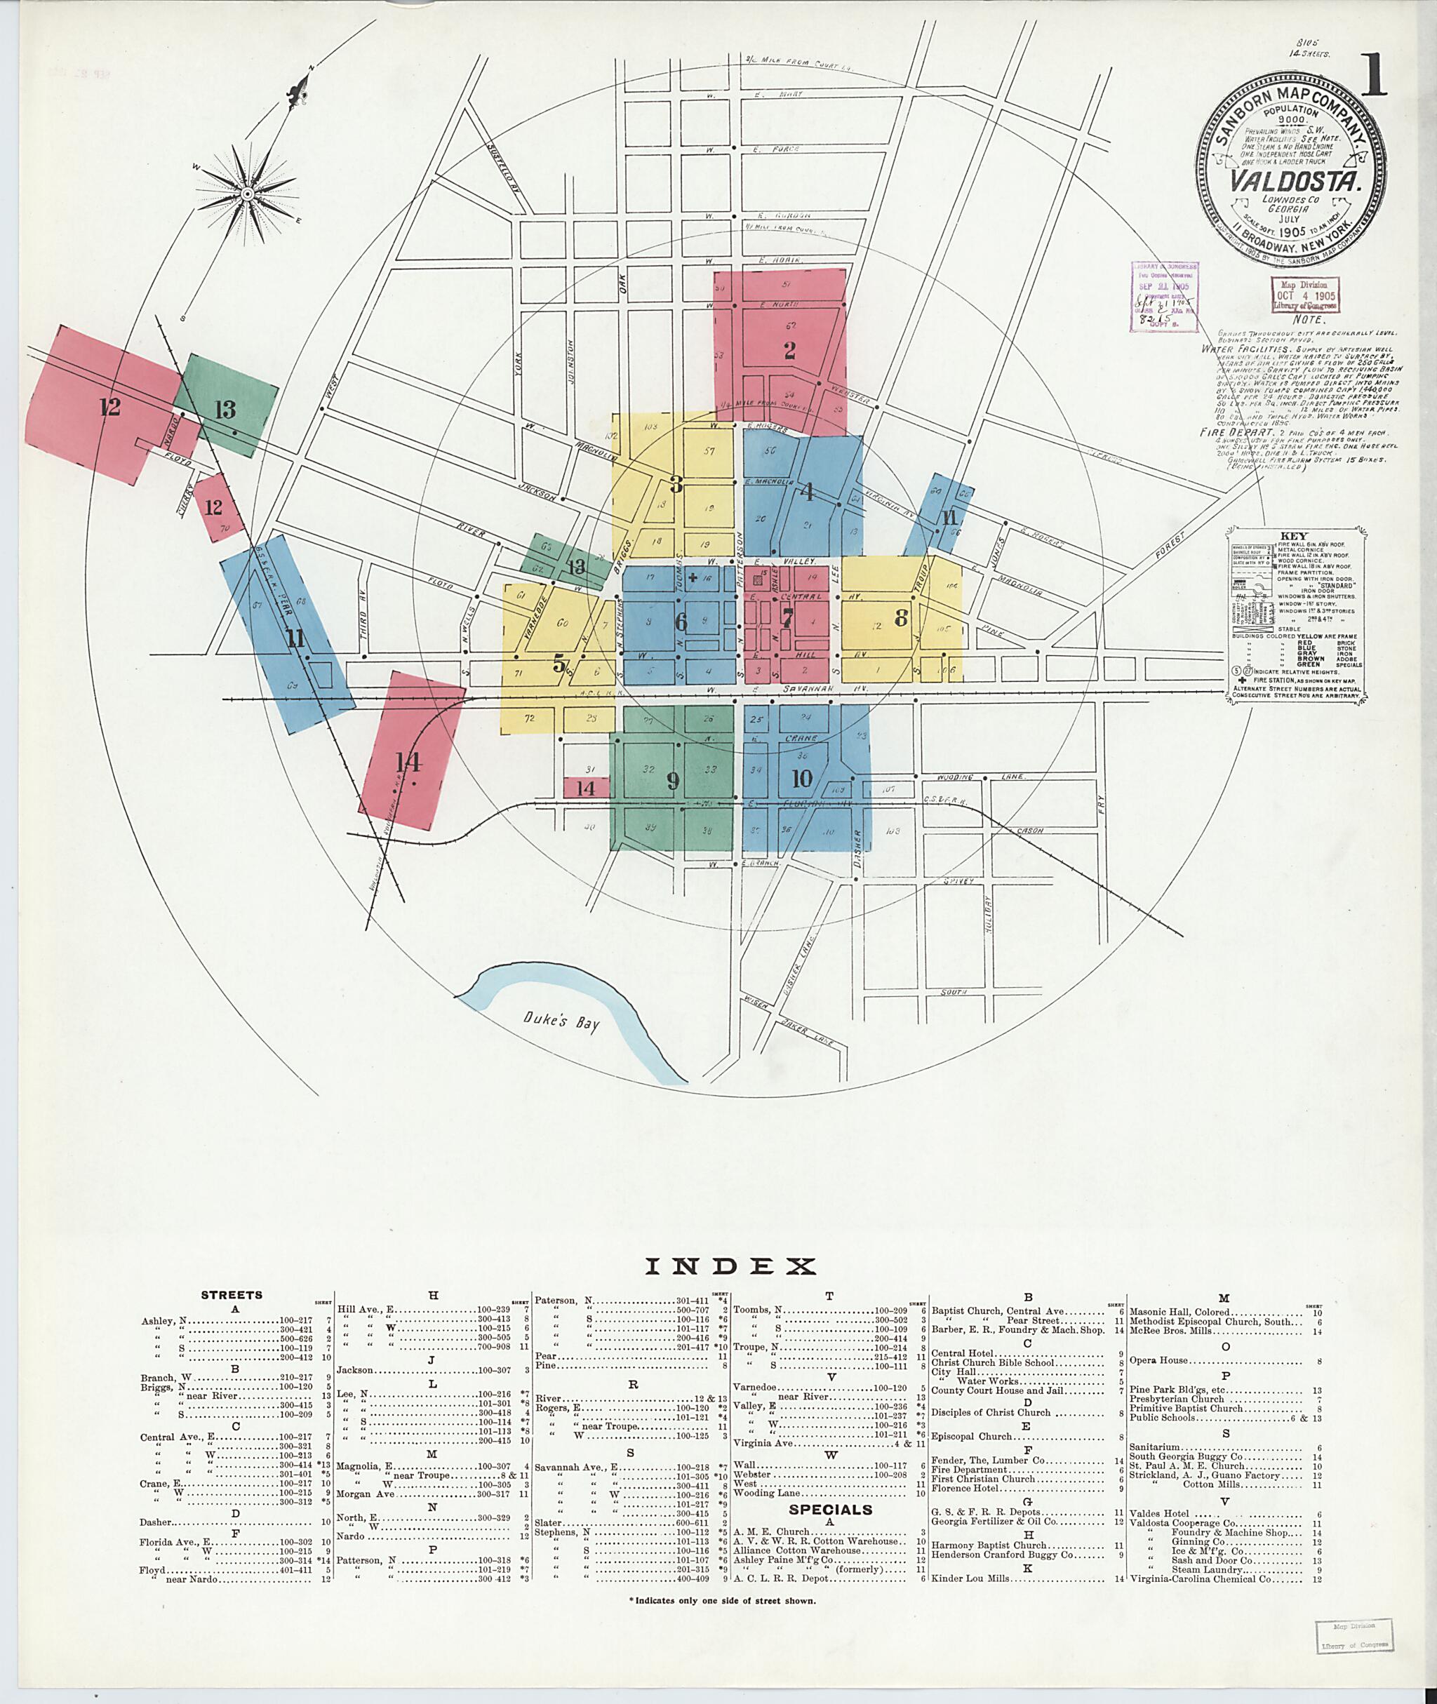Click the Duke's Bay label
(561, 1021)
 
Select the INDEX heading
(730, 1266)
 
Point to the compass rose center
(246, 194)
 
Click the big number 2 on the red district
(789, 350)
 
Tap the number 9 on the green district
(672, 781)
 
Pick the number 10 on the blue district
(801, 779)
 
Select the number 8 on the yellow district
(900, 618)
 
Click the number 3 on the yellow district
(675, 484)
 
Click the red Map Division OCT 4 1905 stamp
(1305, 295)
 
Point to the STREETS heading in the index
(232, 1294)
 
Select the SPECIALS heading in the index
(830, 1509)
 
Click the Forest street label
(1169, 546)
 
